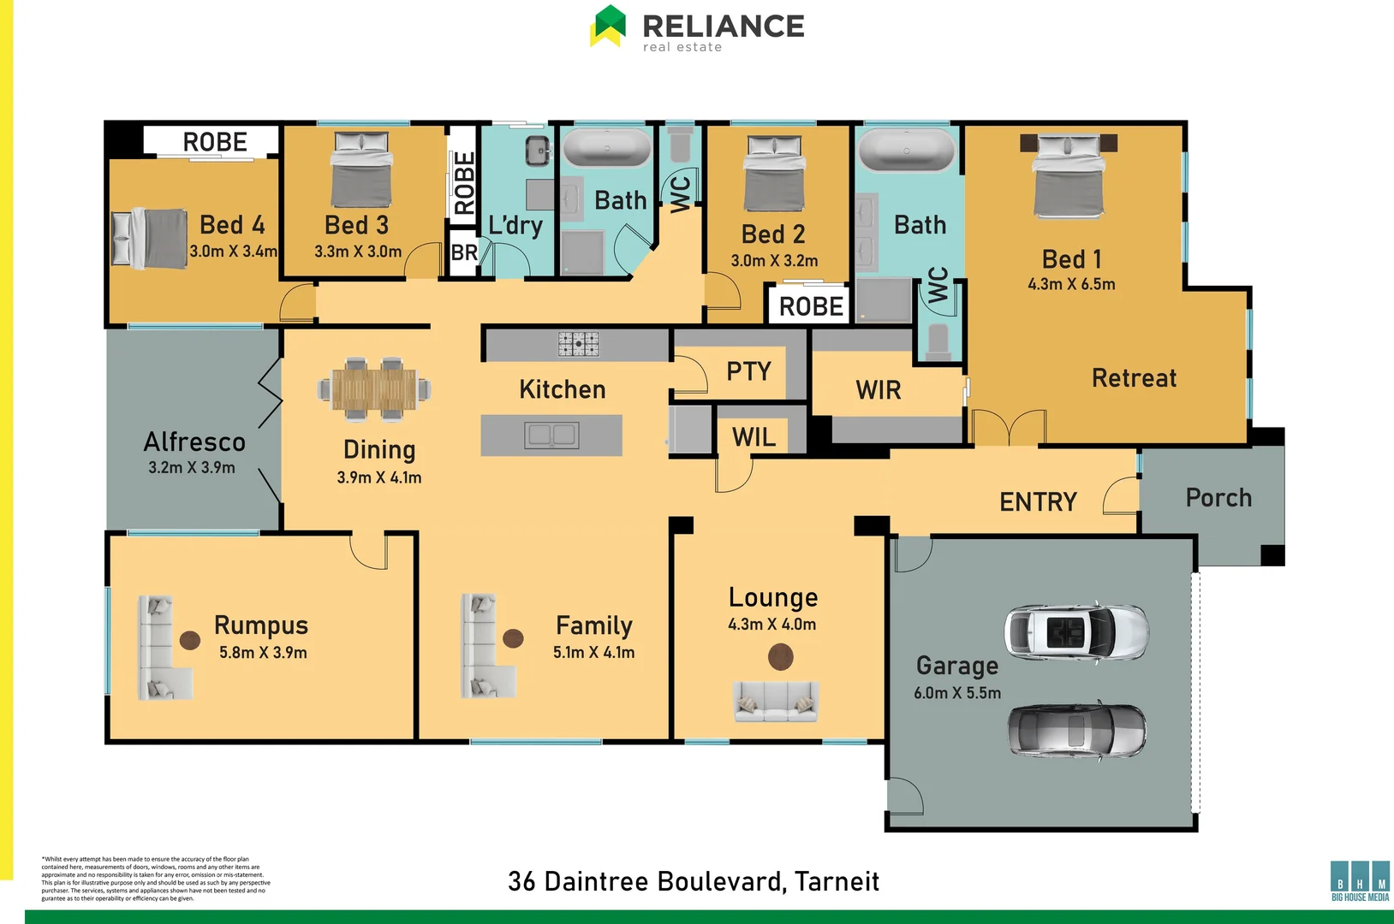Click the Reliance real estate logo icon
pyautogui.click(x=608, y=26)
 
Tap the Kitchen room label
pyautogui.click(x=562, y=390)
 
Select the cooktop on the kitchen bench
pyautogui.click(x=579, y=343)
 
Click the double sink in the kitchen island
pyautogui.click(x=551, y=435)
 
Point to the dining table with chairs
pyautogui.click(x=374, y=389)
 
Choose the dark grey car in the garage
pyautogui.click(x=1075, y=730)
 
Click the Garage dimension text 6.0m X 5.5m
pyautogui.click(x=956, y=693)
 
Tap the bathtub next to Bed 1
pyautogui.click(x=907, y=151)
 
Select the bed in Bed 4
pyautogui.click(x=150, y=238)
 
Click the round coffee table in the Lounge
pyautogui.click(x=780, y=657)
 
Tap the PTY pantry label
pyautogui.click(x=748, y=371)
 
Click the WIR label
pyautogui.click(x=878, y=391)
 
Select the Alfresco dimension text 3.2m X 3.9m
pyautogui.click(x=191, y=468)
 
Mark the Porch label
pyautogui.click(x=1218, y=498)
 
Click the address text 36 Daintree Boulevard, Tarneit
pyautogui.click(x=693, y=881)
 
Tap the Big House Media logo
pyautogui.click(x=1360, y=880)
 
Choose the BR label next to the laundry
pyautogui.click(x=464, y=252)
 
